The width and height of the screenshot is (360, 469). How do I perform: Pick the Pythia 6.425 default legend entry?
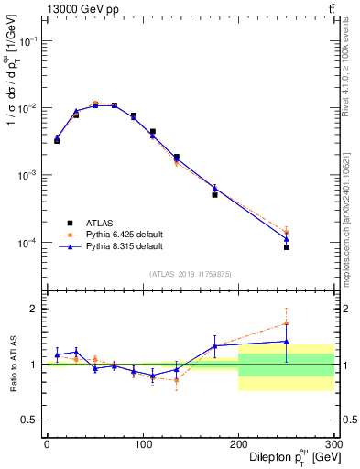124,234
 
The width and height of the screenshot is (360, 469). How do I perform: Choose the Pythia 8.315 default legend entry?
124,245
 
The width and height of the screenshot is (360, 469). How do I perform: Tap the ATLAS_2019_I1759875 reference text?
190,274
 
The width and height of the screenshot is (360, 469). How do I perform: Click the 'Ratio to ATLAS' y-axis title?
12,364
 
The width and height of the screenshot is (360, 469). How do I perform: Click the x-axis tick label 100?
142,444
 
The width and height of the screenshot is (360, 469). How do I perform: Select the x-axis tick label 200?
238,444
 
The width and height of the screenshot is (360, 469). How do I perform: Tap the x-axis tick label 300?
332,444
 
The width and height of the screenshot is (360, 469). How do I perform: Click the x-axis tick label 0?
47,444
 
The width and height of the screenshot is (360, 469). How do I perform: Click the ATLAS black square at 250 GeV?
287,247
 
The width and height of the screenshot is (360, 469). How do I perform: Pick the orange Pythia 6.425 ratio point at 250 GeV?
287,322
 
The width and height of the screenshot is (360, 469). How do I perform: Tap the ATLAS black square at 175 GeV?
214,194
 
